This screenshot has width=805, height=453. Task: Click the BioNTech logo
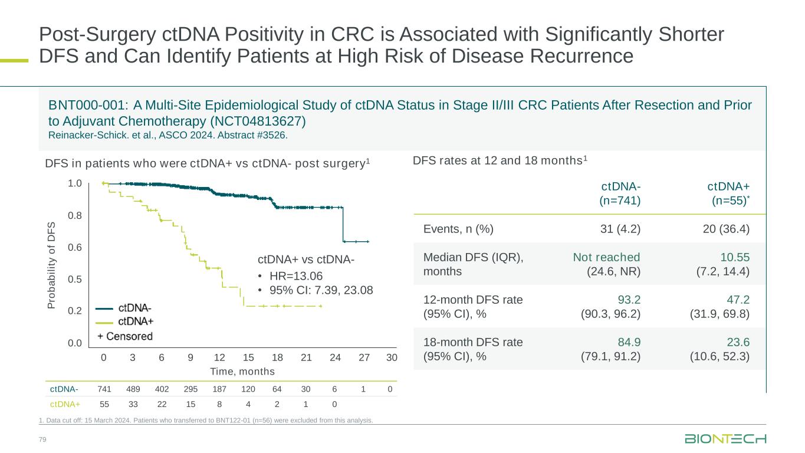[x=725, y=439]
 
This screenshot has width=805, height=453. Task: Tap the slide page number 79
[x=42, y=440]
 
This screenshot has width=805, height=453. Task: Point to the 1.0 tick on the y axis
[x=74, y=184]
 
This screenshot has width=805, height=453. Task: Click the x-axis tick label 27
[x=363, y=357]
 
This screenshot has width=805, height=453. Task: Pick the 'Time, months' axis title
[x=243, y=372]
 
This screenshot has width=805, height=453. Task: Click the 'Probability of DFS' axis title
[x=51, y=265]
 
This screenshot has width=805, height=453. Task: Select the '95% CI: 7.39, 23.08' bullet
[x=321, y=290]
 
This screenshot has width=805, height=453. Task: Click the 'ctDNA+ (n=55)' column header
[x=728, y=193]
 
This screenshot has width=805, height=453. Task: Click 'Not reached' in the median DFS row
[x=606, y=257]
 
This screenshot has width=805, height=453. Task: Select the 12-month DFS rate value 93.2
[x=629, y=300]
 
